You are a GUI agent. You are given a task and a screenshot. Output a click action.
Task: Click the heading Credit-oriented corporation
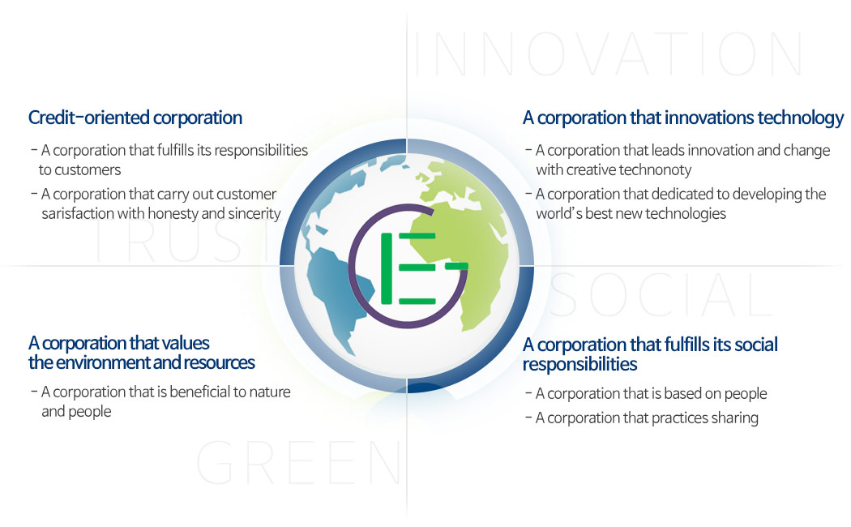[x=135, y=118]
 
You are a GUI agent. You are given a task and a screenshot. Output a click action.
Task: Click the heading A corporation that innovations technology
[x=683, y=118]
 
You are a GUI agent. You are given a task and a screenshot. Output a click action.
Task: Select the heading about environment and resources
[x=142, y=353]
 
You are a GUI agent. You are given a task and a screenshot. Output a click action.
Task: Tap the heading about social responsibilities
[x=650, y=354]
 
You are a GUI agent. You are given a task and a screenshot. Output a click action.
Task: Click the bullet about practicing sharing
[x=647, y=418]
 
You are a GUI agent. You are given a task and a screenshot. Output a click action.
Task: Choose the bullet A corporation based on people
[x=651, y=394]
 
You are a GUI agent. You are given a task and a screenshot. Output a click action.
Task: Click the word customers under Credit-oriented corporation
[x=80, y=169]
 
